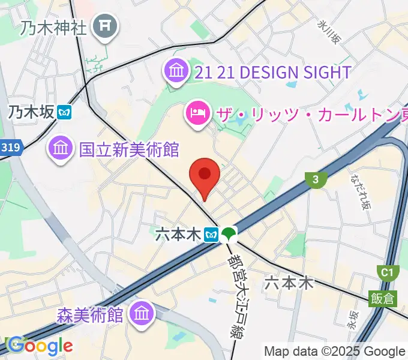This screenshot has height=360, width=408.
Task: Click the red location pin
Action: click(205, 175)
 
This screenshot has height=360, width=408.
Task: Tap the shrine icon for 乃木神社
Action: click(106, 26)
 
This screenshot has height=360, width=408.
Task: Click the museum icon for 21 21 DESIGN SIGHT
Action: click(176, 72)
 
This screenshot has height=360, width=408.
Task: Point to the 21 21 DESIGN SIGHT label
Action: click(273, 73)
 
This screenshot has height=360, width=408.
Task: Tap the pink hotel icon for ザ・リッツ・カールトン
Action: click(196, 111)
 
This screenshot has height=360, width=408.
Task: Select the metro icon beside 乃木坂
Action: click(65, 112)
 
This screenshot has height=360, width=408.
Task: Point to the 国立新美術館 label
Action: click(129, 148)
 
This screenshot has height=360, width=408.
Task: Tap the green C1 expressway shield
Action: click(388, 274)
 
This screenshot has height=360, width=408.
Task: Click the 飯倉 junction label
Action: click(382, 298)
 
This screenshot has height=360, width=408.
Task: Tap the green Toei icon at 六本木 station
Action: click(228, 233)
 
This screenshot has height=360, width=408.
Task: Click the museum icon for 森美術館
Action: click(143, 313)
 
